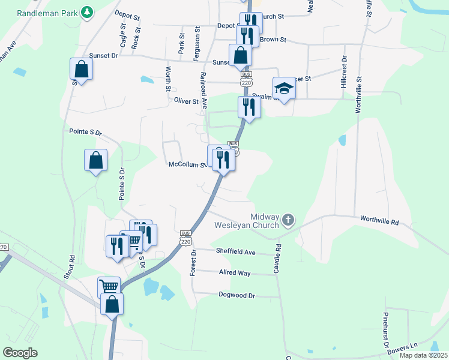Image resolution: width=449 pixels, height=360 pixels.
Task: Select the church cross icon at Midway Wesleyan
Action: coord(288,220)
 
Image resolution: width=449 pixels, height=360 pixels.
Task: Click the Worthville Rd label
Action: coord(379,221)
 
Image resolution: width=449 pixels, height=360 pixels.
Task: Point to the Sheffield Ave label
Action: coord(236,252)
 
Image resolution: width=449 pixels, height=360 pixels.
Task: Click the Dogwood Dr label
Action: coord(236,296)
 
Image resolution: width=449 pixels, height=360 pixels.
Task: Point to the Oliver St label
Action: coord(187,101)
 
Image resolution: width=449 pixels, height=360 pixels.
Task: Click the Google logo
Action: coord(20,353)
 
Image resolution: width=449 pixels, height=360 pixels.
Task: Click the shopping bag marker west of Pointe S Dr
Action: coord(95,161)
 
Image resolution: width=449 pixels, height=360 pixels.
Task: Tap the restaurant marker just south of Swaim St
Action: coord(249,108)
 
